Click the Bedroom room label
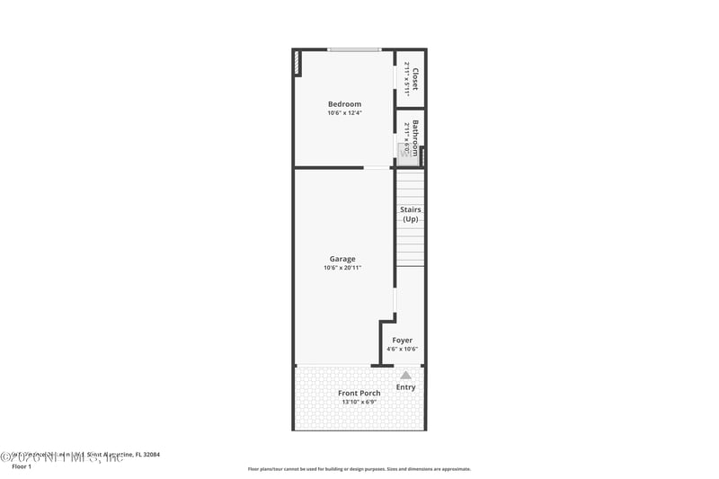(x=344, y=104)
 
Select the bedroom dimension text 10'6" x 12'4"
(x=344, y=113)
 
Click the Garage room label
(x=342, y=259)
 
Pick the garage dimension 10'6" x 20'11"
(x=342, y=268)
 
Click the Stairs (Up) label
(x=411, y=214)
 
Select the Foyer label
(x=403, y=341)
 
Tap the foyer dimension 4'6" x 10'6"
(x=403, y=350)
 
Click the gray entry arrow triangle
(x=406, y=375)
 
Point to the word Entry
(x=406, y=387)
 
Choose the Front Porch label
(x=359, y=393)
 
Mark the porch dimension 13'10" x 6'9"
(x=359, y=402)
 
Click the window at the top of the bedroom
(x=353, y=49)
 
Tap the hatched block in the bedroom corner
(x=297, y=64)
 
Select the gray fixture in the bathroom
(x=404, y=151)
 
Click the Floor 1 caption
(x=21, y=467)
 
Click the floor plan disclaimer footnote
(x=359, y=468)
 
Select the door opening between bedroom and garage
(x=376, y=167)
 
